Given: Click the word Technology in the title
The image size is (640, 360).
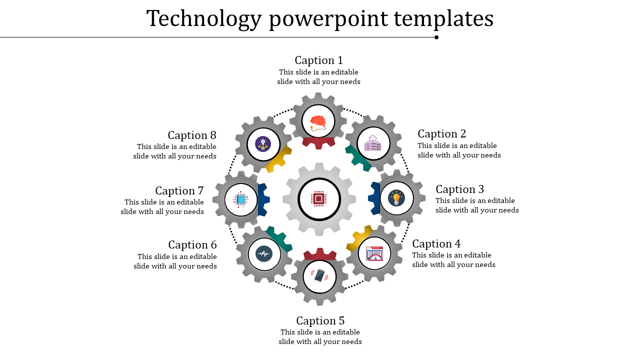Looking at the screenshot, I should point(204,19).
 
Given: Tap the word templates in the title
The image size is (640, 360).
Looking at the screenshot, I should point(443,19).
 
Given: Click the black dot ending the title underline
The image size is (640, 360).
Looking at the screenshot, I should point(436,37).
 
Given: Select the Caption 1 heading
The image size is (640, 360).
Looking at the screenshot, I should point(319,60).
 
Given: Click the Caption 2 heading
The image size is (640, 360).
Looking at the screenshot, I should point(442,134).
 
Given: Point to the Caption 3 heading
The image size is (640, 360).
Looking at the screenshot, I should point(460,189).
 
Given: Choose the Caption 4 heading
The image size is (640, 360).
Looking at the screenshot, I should point(436,244).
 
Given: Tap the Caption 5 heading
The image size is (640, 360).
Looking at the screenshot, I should point(320,321).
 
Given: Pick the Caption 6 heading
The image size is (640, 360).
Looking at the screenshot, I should point(192,245).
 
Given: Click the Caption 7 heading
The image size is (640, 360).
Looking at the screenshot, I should point(179,191).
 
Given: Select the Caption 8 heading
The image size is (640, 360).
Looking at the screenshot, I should point(192,135).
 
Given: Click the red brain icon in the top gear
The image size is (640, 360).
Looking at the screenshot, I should point(318,122).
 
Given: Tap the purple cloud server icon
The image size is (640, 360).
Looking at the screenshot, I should point(373,143).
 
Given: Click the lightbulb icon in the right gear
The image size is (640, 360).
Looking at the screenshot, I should point(396,198).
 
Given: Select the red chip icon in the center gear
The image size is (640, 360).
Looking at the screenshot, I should point(319,198).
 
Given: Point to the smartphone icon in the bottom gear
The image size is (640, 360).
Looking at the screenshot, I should point(319,275).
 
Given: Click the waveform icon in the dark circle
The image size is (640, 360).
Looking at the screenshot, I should point(263,254).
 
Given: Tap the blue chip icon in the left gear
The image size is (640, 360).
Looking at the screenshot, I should point(241,199).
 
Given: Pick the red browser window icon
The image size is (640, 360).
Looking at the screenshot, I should point(374,253).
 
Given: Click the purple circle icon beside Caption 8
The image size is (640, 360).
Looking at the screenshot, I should point(263,144).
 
